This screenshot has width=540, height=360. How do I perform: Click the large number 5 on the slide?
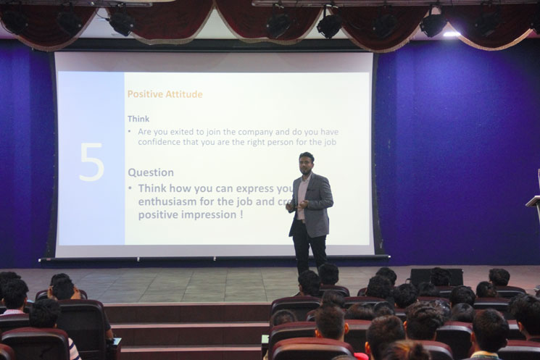point(91,162)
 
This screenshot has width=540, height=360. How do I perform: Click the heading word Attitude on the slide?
point(183,94)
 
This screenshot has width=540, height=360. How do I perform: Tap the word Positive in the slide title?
point(144,94)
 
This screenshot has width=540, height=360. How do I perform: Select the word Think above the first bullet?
point(138,119)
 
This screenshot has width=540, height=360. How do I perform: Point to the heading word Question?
point(151,172)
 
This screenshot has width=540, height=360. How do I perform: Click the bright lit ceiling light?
point(451,33)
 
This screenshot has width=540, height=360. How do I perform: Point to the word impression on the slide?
point(199,215)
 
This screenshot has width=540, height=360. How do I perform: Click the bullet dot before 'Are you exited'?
point(130,132)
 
